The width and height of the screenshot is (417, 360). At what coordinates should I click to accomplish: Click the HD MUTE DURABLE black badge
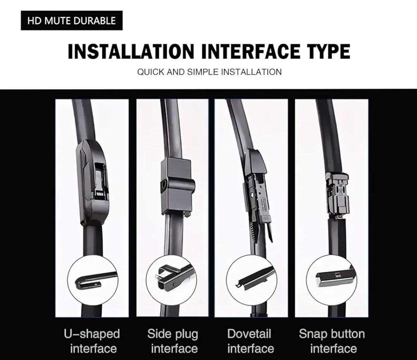72,21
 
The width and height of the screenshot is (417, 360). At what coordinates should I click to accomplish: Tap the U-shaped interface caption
92,341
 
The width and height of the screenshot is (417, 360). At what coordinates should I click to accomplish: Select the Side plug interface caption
173,341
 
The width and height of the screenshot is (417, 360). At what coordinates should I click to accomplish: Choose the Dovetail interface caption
250,341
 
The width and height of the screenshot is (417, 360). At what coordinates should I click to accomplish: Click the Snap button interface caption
332,341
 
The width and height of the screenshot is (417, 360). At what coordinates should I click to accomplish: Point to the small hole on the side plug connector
163,184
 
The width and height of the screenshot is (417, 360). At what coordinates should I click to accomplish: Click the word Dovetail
249,334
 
